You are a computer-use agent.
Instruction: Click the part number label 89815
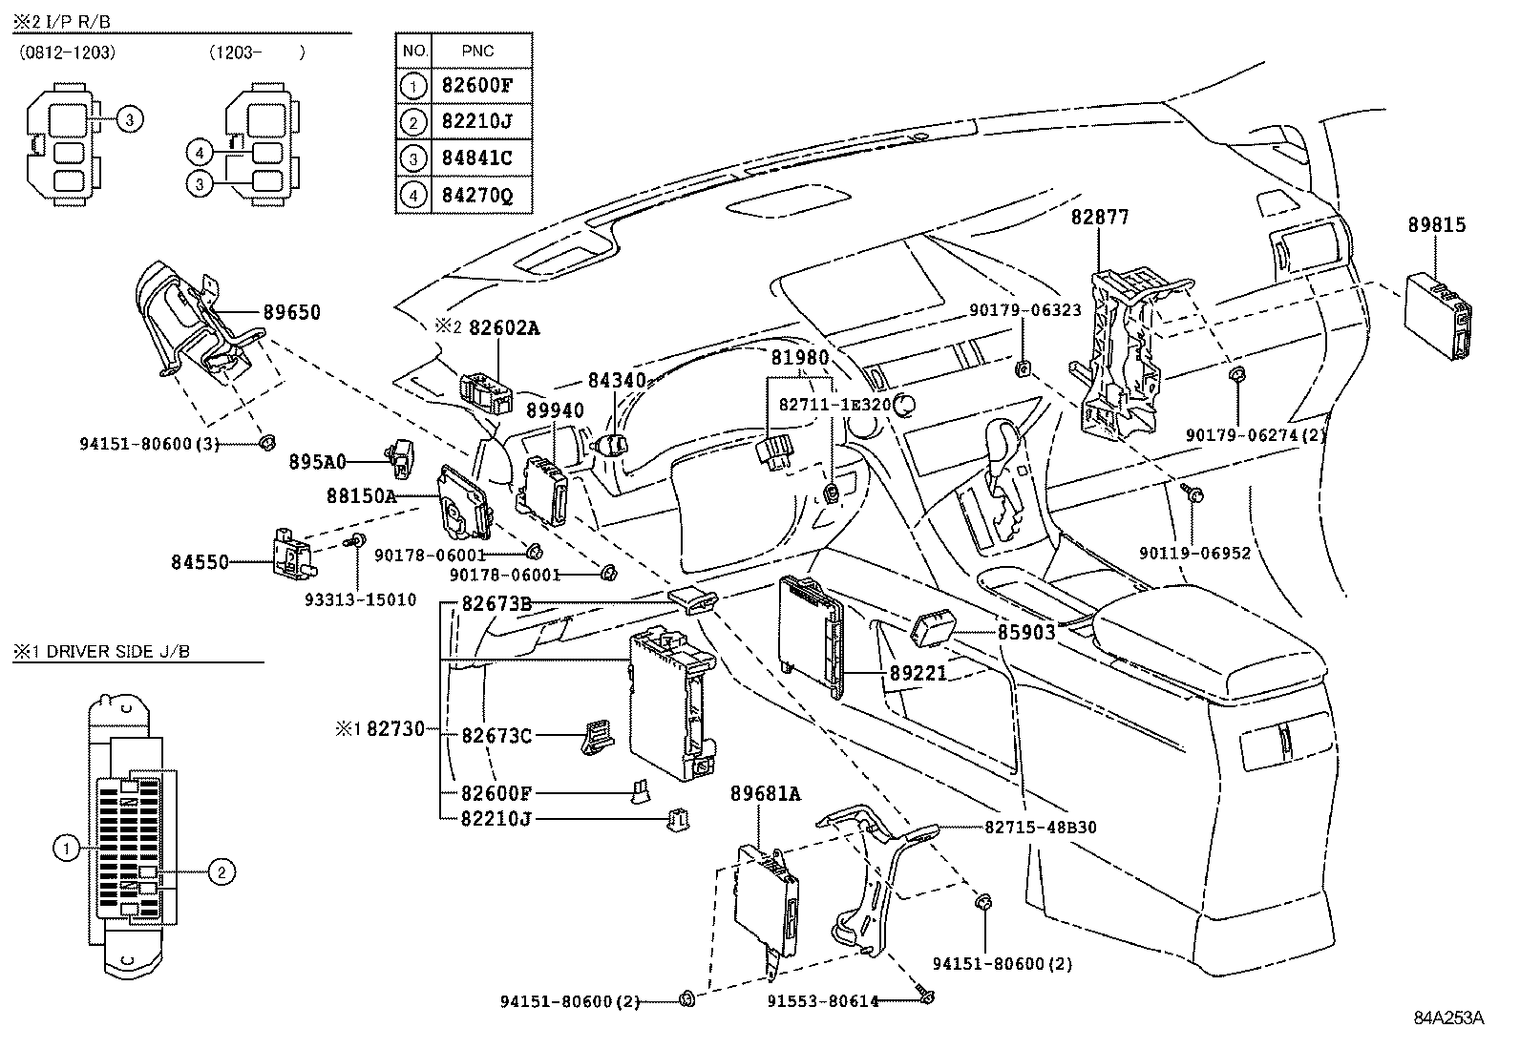[x=1437, y=224]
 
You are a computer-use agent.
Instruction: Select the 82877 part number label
[x=1100, y=217]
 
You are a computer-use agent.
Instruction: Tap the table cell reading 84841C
[x=477, y=158]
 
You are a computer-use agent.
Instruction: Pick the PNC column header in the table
[x=477, y=51]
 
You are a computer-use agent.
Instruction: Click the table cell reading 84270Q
[x=477, y=196]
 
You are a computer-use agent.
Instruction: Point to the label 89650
[x=292, y=312]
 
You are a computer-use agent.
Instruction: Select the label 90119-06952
[x=1194, y=553]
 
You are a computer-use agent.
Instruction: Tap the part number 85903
[x=1026, y=633]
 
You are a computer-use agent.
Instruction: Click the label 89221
[x=918, y=673]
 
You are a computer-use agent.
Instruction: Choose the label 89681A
[x=766, y=793]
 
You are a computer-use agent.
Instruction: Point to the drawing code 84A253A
[x=1448, y=1018]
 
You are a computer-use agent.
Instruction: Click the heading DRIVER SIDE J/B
[x=118, y=651]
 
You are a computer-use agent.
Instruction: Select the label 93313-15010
[x=360, y=599]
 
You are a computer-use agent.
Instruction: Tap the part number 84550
[x=200, y=562]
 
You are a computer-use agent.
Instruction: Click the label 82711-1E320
[x=834, y=405]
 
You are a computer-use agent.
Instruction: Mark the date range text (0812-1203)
[x=67, y=52]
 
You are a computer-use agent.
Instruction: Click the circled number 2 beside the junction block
[x=222, y=871]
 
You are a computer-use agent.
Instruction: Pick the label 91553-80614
[x=823, y=1001]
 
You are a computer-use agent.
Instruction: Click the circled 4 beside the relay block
[x=200, y=154]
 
